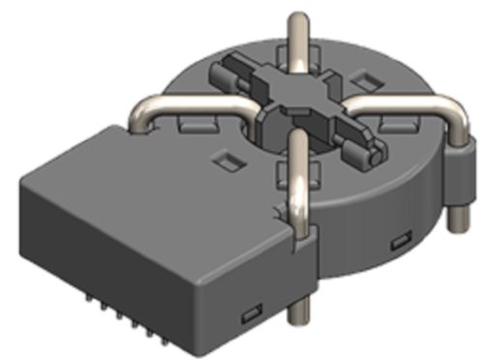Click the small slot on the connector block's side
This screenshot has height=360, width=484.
pyautogui.click(x=251, y=312)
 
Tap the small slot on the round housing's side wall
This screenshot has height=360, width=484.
pyautogui.click(x=397, y=240)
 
